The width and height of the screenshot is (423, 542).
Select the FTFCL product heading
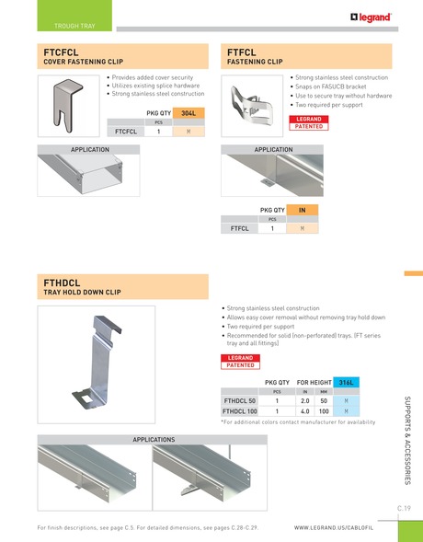[x=242, y=52]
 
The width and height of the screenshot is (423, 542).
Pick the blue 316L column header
[x=347, y=382]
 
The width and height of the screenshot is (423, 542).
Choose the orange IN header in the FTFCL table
[x=302, y=211]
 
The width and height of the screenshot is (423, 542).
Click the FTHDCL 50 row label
[x=240, y=402]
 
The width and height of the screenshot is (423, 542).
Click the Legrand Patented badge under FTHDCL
[x=240, y=362]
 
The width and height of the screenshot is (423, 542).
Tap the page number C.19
[x=404, y=508]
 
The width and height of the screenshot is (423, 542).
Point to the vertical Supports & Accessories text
[x=407, y=441]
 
